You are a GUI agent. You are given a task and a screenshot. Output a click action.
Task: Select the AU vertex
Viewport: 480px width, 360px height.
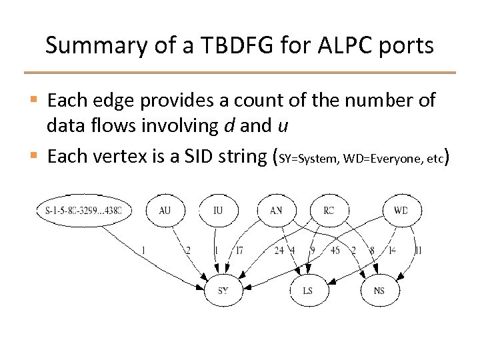[165, 211]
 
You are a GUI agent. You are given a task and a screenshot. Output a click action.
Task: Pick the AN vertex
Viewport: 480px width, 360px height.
[277, 211]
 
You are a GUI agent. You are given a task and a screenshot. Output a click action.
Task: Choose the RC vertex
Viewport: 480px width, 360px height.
[328, 211]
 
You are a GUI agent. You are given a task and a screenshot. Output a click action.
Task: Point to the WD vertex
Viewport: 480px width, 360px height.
[401, 211]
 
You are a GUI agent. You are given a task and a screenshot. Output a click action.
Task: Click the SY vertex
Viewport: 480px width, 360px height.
[224, 290]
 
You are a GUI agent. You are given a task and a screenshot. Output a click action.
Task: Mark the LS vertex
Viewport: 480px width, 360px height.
[308, 290]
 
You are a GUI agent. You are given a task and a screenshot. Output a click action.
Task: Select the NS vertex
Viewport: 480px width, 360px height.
[379, 290]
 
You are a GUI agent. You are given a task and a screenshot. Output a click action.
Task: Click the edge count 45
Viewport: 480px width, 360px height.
[335, 251]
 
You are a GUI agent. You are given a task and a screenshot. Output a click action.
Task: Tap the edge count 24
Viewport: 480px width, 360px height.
[279, 251]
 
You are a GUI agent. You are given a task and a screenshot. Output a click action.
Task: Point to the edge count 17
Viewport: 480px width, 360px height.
[238, 251]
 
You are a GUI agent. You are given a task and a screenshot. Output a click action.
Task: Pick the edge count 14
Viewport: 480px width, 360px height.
[392, 251]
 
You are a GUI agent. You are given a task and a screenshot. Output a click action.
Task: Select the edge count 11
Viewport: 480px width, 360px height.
[417, 251]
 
